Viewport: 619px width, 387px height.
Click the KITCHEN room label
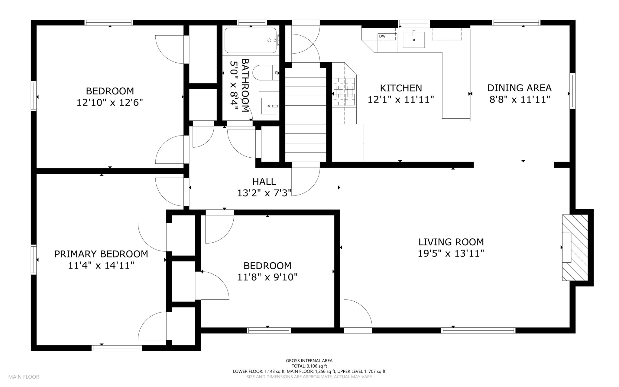click(401, 88)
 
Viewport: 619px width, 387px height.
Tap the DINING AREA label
click(520, 88)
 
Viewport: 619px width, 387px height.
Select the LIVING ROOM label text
click(451, 242)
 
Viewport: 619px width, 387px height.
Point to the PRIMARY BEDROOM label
click(101, 254)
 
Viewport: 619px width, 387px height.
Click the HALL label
click(264, 182)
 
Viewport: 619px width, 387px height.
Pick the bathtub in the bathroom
click(251, 41)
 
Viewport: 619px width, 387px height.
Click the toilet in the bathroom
click(266, 73)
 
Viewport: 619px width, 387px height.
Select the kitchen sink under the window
click(414, 40)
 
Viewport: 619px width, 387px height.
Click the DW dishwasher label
click(382, 36)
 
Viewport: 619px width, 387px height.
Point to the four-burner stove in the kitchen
click(344, 92)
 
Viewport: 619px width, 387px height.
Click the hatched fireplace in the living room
click(575, 248)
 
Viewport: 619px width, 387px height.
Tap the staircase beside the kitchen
click(306, 115)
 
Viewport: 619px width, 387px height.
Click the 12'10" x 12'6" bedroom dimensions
click(110, 103)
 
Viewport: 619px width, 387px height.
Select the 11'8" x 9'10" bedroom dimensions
click(267, 277)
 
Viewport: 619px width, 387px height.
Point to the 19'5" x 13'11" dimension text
click(451, 253)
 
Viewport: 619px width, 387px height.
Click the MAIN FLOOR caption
click(24, 377)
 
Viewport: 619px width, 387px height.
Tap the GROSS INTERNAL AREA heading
click(309, 361)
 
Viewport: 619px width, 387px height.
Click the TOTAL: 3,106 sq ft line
click(309, 366)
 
